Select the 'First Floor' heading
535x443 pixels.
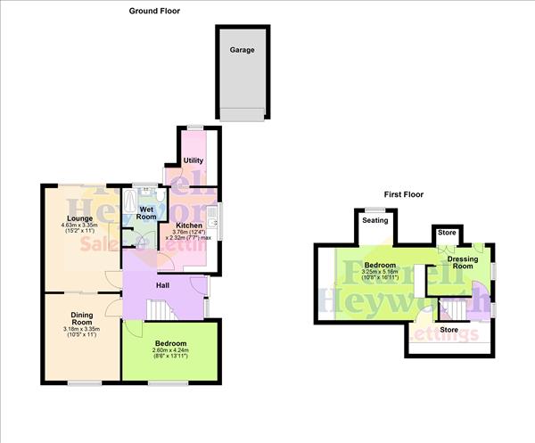pyautogui.click(x=403, y=194)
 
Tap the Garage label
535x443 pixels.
pyautogui.click(x=241, y=50)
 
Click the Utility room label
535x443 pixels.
pyautogui.click(x=193, y=160)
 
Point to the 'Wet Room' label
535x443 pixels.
pyautogui.click(x=146, y=213)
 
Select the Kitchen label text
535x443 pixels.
pyautogui.click(x=189, y=226)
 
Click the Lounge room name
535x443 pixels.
pyautogui.click(x=72, y=217)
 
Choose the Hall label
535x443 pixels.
pyautogui.click(x=163, y=285)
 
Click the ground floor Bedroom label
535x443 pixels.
pyautogui.click(x=169, y=343)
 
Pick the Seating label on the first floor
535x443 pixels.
pyautogui.click(x=374, y=221)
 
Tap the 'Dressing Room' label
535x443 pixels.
pyautogui.click(x=463, y=262)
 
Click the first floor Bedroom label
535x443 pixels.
pyautogui.click(x=380, y=265)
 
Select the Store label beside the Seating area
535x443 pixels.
pyautogui.click(x=446, y=234)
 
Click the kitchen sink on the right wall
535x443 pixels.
pyautogui.click(x=214, y=217)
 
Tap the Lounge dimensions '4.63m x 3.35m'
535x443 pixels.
pyautogui.click(x=72, y=226)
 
